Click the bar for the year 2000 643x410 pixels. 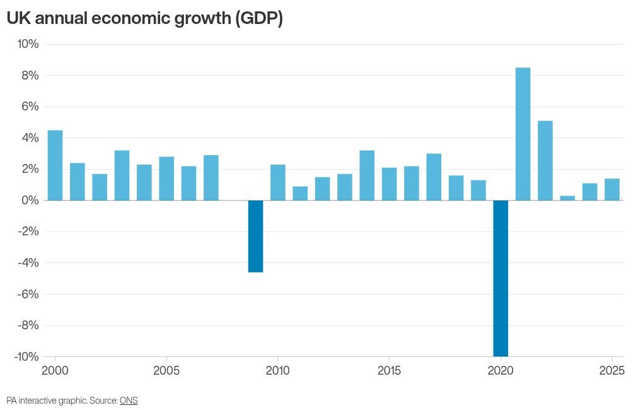[x=55, y=165]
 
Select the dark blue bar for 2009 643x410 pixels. [x=255, y=236]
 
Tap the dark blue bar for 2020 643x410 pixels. [x=501, y=278]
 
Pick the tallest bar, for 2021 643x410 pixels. [x=523, y=134]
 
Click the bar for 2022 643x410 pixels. [x=545, y=160]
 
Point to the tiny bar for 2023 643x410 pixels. [x=567, y=197]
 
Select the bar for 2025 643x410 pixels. [x=612, y=189]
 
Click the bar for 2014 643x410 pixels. [x=367, y=175]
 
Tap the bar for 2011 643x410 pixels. [x=300, y=193]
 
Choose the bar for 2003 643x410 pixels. [x=122, y=175]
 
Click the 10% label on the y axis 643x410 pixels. [x=27, y=44]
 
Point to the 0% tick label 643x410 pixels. [x=30, y=201]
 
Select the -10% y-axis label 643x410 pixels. [x=26, y=357]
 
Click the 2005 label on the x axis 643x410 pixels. [x=166, y=370]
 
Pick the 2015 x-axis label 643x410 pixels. [x=389, y=370]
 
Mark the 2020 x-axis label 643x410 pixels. [x=501, y=370]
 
